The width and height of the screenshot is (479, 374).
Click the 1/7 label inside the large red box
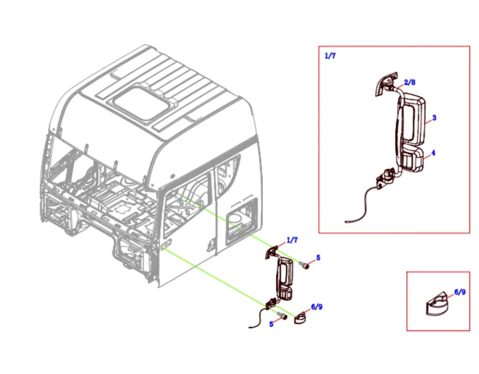click(x=330, y=56)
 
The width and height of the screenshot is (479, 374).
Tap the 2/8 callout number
click(x=410, y=82)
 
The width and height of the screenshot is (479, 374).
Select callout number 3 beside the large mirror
click(x=434, y=118)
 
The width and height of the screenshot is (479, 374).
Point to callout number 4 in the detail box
click(x=433, y=153)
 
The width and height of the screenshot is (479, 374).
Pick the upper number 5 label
click(x=318, y=258)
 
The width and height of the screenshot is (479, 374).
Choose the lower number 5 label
click(x=271, y=324)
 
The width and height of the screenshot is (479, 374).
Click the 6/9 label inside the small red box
click(x=460, y=292)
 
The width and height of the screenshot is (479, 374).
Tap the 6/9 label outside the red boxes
click(x=316, y=307)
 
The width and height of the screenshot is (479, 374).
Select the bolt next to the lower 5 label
click(x=282, y=316)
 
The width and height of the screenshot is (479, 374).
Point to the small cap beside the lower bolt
click(x=301, y=318)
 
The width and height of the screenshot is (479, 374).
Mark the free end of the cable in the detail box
click(x=346, y=220)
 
